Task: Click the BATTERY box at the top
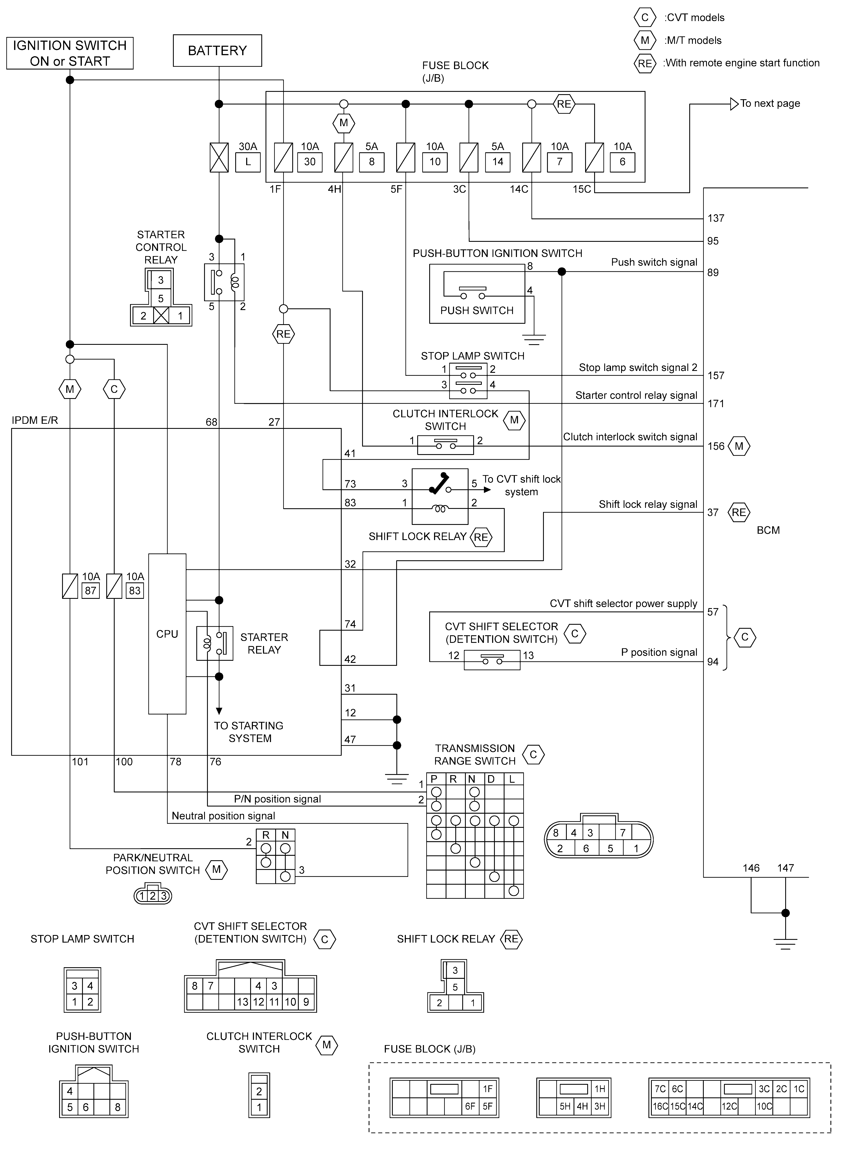[217, 51]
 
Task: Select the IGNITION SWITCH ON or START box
[70, 53]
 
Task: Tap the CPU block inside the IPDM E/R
[167, 634]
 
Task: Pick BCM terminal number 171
[716, 404]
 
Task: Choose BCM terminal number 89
[713, 272]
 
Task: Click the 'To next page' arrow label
[770, 103]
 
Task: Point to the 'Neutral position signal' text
[223, 816]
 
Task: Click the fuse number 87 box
[90, 591]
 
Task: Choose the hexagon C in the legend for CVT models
[645, 17]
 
